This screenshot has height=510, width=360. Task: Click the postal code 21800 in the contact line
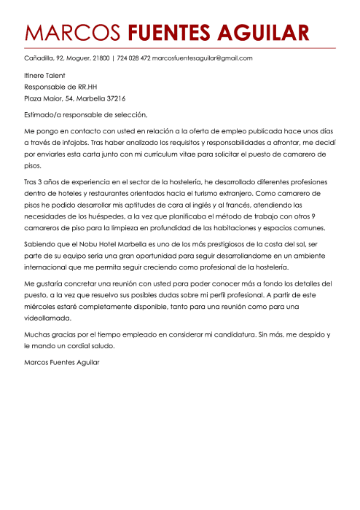click(x=101, y=58)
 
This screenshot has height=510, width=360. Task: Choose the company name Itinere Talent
click(x=44, y=75)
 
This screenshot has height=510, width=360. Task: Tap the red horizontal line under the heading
click(x=180, y=48)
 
